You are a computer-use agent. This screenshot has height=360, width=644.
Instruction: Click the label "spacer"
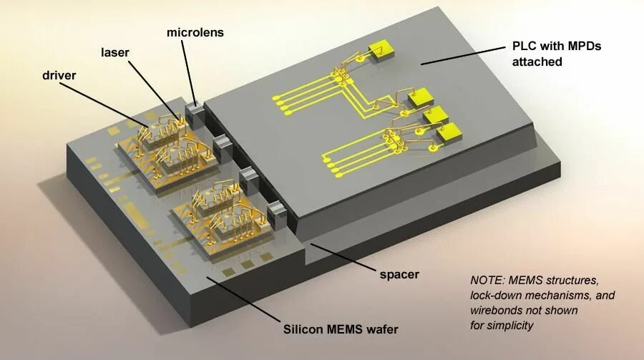[x=399, y=273]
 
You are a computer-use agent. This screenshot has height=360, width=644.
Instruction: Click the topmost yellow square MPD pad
[x=380, y=50]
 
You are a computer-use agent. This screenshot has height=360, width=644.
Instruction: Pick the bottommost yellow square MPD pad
[x=449, y=131]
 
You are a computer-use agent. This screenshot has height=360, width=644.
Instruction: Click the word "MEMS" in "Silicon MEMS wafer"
[x=345, y=329]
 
